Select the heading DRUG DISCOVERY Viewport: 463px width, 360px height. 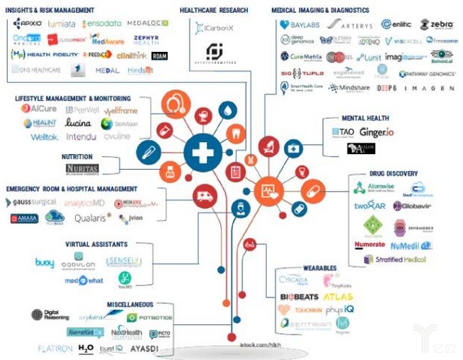click(394, 173)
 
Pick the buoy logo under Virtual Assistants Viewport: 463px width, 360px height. click(44, 263)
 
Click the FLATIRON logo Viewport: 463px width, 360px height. click(55, 349)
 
